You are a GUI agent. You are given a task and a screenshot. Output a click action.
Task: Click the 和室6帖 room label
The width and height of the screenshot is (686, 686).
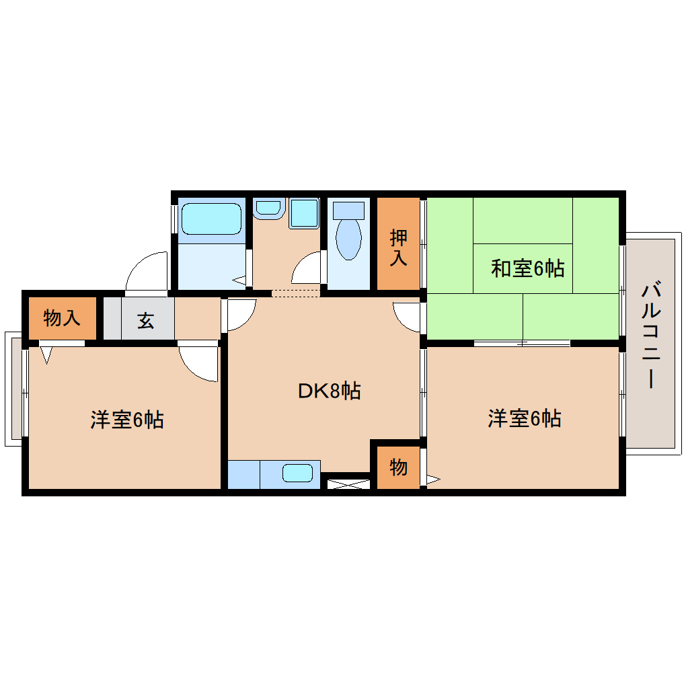pos(527,269)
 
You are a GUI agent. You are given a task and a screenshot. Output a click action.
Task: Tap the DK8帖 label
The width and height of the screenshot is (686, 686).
pos(330,391)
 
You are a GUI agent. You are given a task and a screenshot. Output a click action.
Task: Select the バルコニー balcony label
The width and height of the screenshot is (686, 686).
pos(650,336)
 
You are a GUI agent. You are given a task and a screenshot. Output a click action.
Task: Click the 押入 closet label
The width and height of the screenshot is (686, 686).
pos(399,247)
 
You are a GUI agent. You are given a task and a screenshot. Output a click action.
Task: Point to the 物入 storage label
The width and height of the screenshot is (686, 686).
pos(62,317)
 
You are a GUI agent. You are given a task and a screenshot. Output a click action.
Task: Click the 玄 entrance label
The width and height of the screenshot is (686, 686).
pos(146,321)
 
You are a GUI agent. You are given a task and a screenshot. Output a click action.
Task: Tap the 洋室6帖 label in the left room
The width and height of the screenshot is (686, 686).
pos(127,420)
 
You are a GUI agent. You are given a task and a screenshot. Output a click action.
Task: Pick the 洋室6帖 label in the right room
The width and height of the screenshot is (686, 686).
pos(525,419)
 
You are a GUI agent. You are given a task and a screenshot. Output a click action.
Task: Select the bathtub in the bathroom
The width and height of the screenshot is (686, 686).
pos(211,219)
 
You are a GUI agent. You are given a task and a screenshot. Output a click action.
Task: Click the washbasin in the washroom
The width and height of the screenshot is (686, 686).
pos(269,208)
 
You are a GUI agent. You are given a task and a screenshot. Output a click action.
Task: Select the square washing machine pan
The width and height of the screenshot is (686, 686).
pos(304,213)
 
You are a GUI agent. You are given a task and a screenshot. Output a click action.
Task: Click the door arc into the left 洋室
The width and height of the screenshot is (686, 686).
pos(199,364)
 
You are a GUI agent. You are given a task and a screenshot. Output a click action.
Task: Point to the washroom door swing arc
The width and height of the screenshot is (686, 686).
pos(306,268)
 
